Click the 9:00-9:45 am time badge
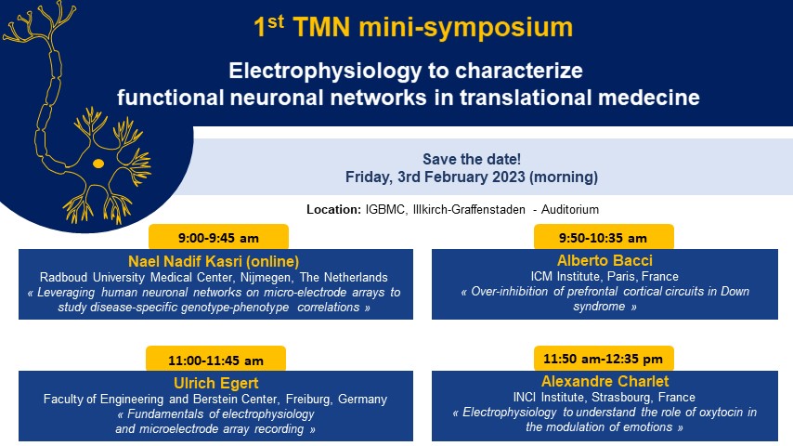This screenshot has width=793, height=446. tap(218, 237)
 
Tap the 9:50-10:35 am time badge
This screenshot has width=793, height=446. tap(604, 237)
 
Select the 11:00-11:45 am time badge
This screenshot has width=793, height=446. tap(216, 359)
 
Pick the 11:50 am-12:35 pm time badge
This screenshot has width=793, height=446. tap(604, 359)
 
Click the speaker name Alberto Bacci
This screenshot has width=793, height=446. tap(604, 260)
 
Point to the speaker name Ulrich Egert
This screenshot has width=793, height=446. tap(216, 383)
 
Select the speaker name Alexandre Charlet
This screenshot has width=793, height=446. tap(604, 381)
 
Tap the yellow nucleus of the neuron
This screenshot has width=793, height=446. tap(98, 164)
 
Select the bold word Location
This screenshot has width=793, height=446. tap(333, 210)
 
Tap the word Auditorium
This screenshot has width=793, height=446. tap(570, 210)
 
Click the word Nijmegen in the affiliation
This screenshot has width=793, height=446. tap(266, 278)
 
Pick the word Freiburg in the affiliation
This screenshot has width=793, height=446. tap(308, 399)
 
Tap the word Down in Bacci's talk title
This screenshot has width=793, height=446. tap(734, 292)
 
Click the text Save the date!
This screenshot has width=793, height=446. tap(472, 159)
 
